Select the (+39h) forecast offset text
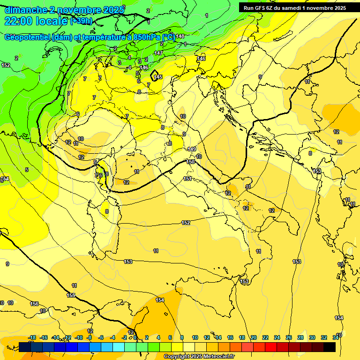coord(81,21)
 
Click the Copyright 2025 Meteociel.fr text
coord(199,357)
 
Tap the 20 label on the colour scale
coord(253,337)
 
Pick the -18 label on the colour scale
coord(32,337)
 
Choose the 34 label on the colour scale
coord(335,337)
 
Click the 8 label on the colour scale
coord(181,337)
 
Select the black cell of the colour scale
coord(330,347)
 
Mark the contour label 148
coord(180,36)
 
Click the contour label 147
coord(158,53)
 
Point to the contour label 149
coord(192,149)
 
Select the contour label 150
coord(190,162)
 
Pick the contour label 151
coord(187,179)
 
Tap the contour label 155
coord(71,295)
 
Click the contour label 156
coord(34,304)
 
